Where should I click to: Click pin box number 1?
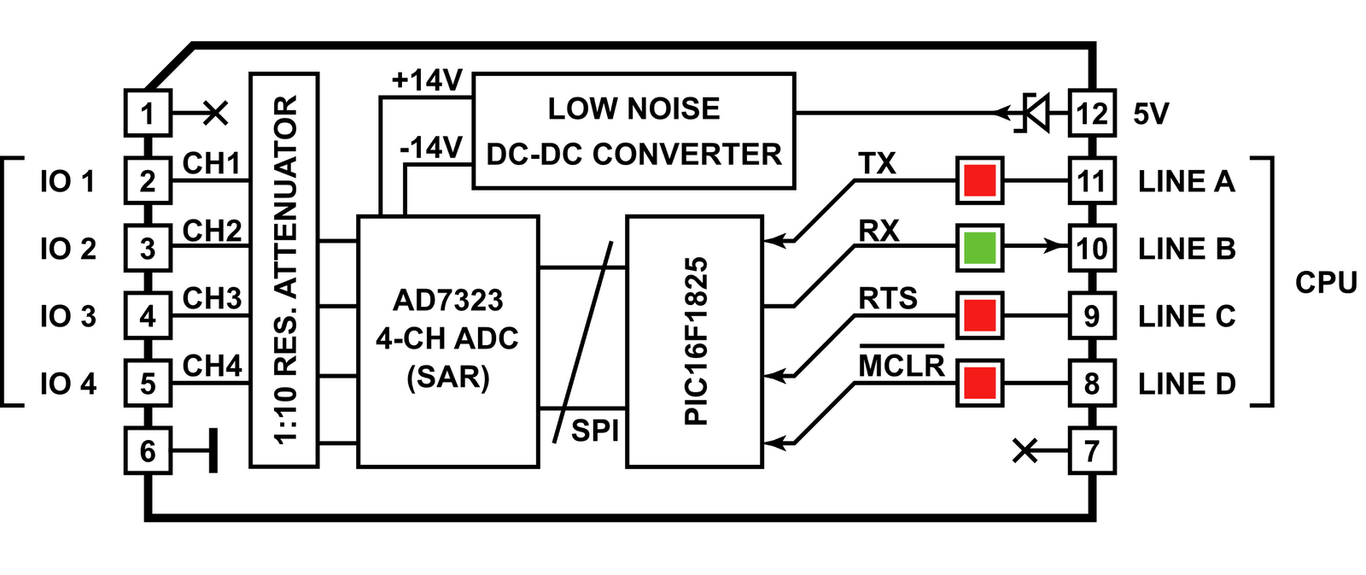pyautogui.click(x=148, y=113)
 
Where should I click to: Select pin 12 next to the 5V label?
pyautogui.click(x=1092, y=113)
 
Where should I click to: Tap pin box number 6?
pyautogui.click(x=148, y=450)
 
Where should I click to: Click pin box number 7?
pyautogui.click(x=1092, y=450)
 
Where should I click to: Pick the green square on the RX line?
pyautogui.click(x=979, y=248)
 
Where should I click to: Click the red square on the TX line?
pyautogui.click(x=979, y=180)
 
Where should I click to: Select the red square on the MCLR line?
pyautogui.click(x=979, y=383)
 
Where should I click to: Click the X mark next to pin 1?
pyautogui.click(x=215, y=112)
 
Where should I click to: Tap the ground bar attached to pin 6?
pyautogui.click(x=213, y=450)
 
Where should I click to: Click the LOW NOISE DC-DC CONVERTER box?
pyautogui.click(x=633, y=131)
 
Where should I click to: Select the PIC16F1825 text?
pyautogui.click(x=696, y=341)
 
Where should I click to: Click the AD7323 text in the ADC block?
pyautogui.click(x=447, y=300)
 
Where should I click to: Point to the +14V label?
pyautogui.click(x=426, y=81)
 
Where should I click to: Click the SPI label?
pyautogui.click(x=594, y=431)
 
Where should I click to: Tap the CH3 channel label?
pyautogui.click(x=212, y=298)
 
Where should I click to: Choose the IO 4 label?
pyautogui.click(x=67, y=384)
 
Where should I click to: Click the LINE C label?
pyautogui.click(x=1186, y=316)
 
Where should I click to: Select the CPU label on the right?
pyautogui.click(x=1325, y=282)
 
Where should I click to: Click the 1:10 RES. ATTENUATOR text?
pyautogui.click(x=285, y=270)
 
